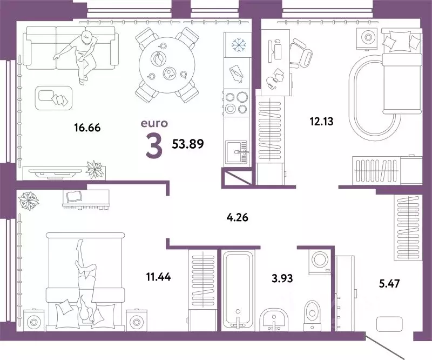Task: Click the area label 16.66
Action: pos(87,128)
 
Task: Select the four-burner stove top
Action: pos(236,102)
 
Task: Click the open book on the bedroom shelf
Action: pos(73,196)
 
